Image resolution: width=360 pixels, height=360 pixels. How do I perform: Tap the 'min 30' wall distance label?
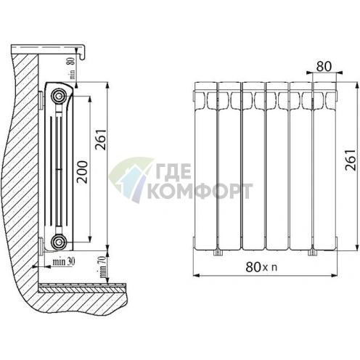(x=64, y=261)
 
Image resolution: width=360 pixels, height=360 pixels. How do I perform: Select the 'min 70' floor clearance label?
(x=103, y=267)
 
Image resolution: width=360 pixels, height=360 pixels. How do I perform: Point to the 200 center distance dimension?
(x=81, y=171)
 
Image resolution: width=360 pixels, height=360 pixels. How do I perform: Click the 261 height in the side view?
(x=101, y=140)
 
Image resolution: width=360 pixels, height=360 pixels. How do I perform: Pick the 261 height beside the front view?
(x=351, y=160)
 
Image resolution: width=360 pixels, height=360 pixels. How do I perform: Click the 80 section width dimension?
(x=324, y=67)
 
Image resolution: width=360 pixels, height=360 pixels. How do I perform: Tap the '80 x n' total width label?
(x=261, y=267)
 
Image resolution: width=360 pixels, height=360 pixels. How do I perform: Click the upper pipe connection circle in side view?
(x=59, y=97)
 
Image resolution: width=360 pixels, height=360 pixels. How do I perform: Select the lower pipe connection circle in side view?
(x=59, y=241)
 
